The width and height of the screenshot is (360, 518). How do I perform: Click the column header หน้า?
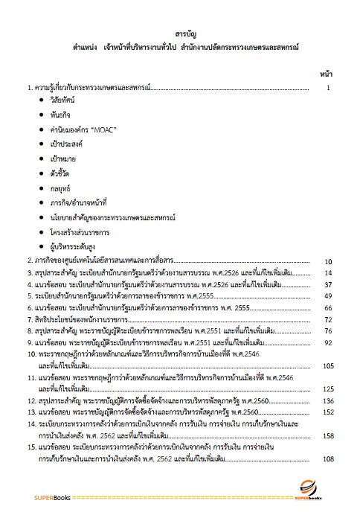(326, 74)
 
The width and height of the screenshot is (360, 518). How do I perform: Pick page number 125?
(327, 388)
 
